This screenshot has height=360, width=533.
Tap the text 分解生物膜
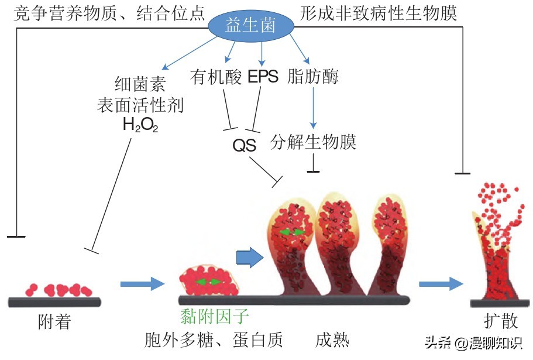coord(314,142)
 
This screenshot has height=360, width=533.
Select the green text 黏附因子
coord(214,317)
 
